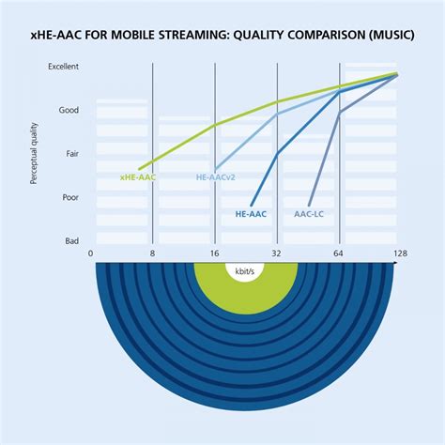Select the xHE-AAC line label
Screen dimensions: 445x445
click(138, 176)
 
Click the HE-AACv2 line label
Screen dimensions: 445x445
click(215, 176)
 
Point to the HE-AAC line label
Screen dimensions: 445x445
click(251, 213)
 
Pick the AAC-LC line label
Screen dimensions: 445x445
click(309, 213)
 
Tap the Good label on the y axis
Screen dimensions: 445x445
click(69, 110)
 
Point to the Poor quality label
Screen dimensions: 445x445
click(69, 197)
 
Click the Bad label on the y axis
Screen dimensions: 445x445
click(71, 240)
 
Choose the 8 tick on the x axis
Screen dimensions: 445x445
click(152, 253)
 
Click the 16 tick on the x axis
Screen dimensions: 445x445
click(215, 253)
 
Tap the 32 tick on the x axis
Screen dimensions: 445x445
click(277, 253)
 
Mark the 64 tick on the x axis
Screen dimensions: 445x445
click(339, 253)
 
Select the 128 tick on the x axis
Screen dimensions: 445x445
click(400, 253)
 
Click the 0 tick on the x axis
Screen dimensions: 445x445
click(91, 253)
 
